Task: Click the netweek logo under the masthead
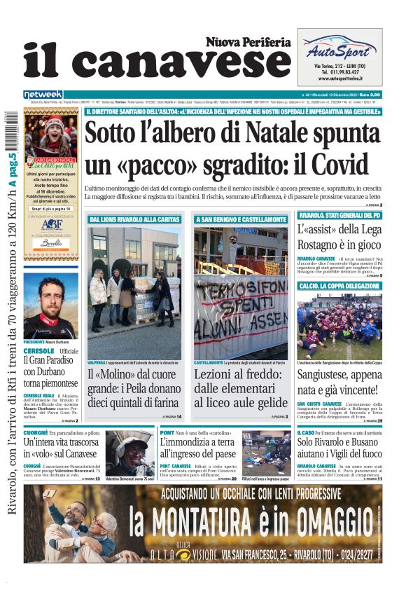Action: pos(43,95)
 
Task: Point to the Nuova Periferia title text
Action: pos(248,42)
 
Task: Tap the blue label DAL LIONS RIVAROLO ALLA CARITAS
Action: pos(134,220)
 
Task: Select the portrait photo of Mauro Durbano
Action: pos(50,304)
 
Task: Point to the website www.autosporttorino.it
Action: pos(340,79)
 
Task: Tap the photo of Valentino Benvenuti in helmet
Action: pos(129,453)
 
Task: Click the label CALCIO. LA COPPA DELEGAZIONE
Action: pos(339,287)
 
